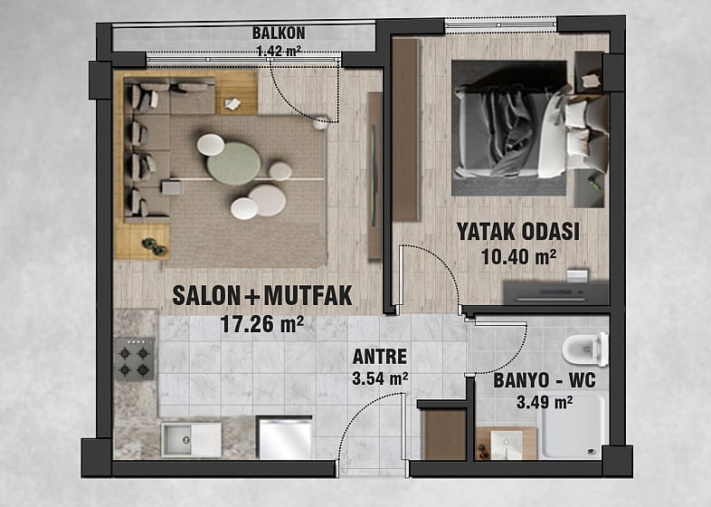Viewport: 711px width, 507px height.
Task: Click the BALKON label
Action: click(x=279, y=33)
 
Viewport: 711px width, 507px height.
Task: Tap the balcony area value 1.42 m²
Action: click(x=279, y=51)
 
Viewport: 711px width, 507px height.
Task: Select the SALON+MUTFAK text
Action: click(x=262, y=295)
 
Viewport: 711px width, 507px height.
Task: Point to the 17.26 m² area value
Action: click(x=261, y=324)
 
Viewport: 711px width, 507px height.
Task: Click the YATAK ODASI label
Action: click(x=517, y=232)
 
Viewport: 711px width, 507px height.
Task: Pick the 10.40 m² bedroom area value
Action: click(x=518, y=257)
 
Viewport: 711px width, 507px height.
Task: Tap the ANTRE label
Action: click(x=380, y=357)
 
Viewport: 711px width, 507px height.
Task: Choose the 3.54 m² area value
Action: click(x=380, y=378)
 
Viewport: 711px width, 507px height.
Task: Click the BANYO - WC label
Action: click(x=545, y=381)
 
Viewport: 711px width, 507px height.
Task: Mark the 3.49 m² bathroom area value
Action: click(x=545, y=402)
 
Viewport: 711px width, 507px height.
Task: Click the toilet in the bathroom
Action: click(x=585, y=349)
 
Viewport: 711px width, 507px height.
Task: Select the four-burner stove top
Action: click(x=134, y=359)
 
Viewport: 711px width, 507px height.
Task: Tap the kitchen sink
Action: click(x=192, y=440)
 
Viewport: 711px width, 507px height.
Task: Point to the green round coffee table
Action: click(x=233, y=163)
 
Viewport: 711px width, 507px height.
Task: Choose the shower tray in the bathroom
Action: click(x=574, y=426)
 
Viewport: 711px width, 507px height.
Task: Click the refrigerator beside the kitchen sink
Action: click(x=285, y=438)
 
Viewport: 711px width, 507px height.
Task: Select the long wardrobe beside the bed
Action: click(x=406, y=129)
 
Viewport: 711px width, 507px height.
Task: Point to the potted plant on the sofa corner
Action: click(x=154, y=247)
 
